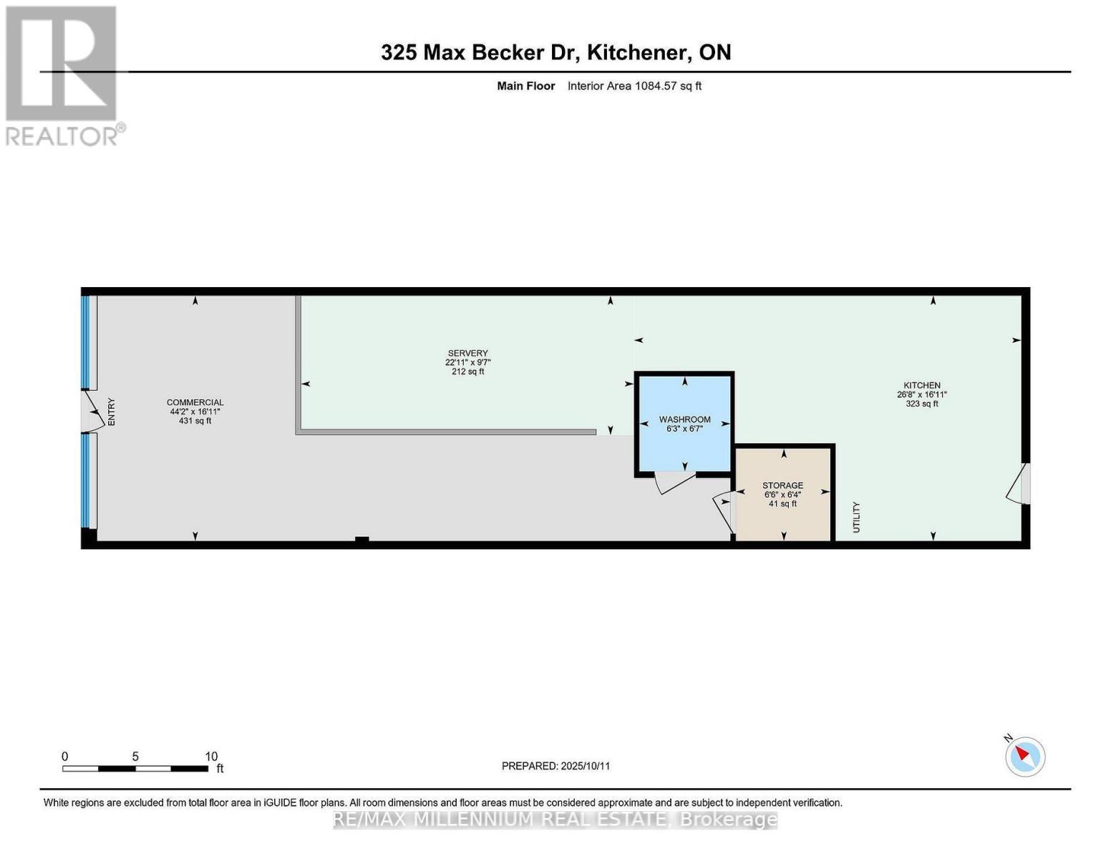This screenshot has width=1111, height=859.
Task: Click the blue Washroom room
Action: [x=684, y=424]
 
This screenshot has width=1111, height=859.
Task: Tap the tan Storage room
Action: [x=782, y=495]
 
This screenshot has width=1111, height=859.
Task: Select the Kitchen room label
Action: [x=922, y=385]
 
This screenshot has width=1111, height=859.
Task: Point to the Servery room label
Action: [x=468, y=353]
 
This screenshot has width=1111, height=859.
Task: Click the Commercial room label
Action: [x=195, y=403]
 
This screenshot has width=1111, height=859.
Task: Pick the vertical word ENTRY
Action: [x=112, y=412]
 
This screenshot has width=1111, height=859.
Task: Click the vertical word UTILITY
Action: [x=856, y=518]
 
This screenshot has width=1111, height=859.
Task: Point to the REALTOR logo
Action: [x=64, y=77]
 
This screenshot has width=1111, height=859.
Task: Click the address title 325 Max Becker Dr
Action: [x=480, y=53]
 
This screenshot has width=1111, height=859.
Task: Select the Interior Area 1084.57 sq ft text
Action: [x=634, y=86]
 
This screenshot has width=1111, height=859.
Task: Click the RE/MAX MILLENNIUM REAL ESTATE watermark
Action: [x=555, y=820]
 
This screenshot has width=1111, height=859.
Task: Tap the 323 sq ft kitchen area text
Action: [x=922, y=404]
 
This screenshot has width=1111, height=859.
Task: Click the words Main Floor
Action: [x=525, y=86]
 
